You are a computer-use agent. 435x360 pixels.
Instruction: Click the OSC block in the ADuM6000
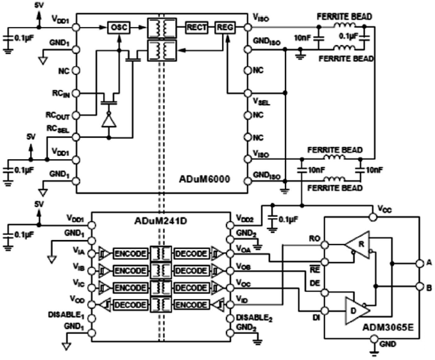click(x=119, y=28)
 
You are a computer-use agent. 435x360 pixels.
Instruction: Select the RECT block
click(x=196, y=28)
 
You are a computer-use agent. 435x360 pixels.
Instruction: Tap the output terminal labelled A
click(x=428, y=262)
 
